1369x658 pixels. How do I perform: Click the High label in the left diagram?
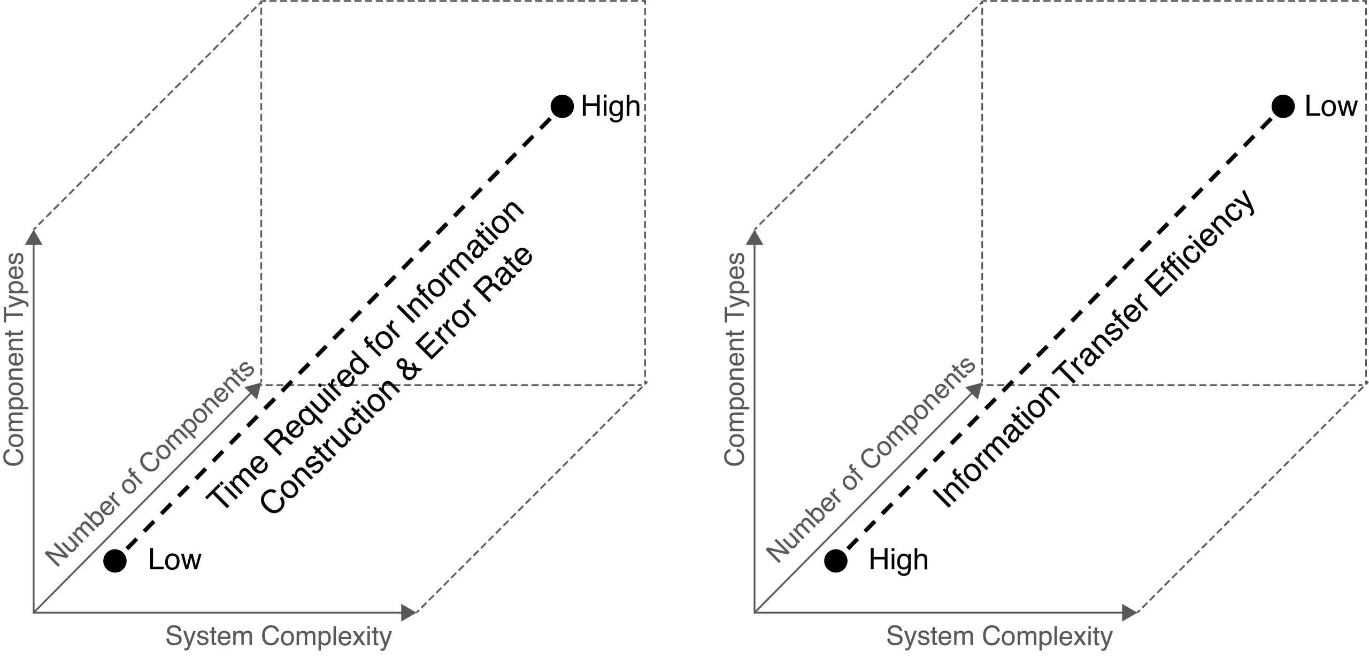[x=610, y=106]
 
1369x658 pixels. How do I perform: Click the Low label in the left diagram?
[x=174, y=560]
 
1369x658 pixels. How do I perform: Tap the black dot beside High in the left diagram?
[x=562, y=106]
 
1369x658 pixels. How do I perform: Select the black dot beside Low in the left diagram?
[x=115, y=561]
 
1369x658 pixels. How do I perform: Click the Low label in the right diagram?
[x=1330, y=106]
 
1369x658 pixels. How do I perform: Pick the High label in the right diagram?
[x=898, y=560]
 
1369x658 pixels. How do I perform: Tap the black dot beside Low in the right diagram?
[x=1283, y=106]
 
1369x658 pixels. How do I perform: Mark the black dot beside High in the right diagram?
[x=835, y=561]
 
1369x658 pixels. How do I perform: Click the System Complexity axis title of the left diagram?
[x=279, y=637]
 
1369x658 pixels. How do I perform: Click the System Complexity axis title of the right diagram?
[x=999, y=637]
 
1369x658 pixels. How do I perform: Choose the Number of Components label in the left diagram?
[x=150, y=463]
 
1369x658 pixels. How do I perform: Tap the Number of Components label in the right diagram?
[x=871, y=463]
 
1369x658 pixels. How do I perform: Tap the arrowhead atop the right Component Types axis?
[x=755, y=236]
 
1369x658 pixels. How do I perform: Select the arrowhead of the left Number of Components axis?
[x=255, y=390]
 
